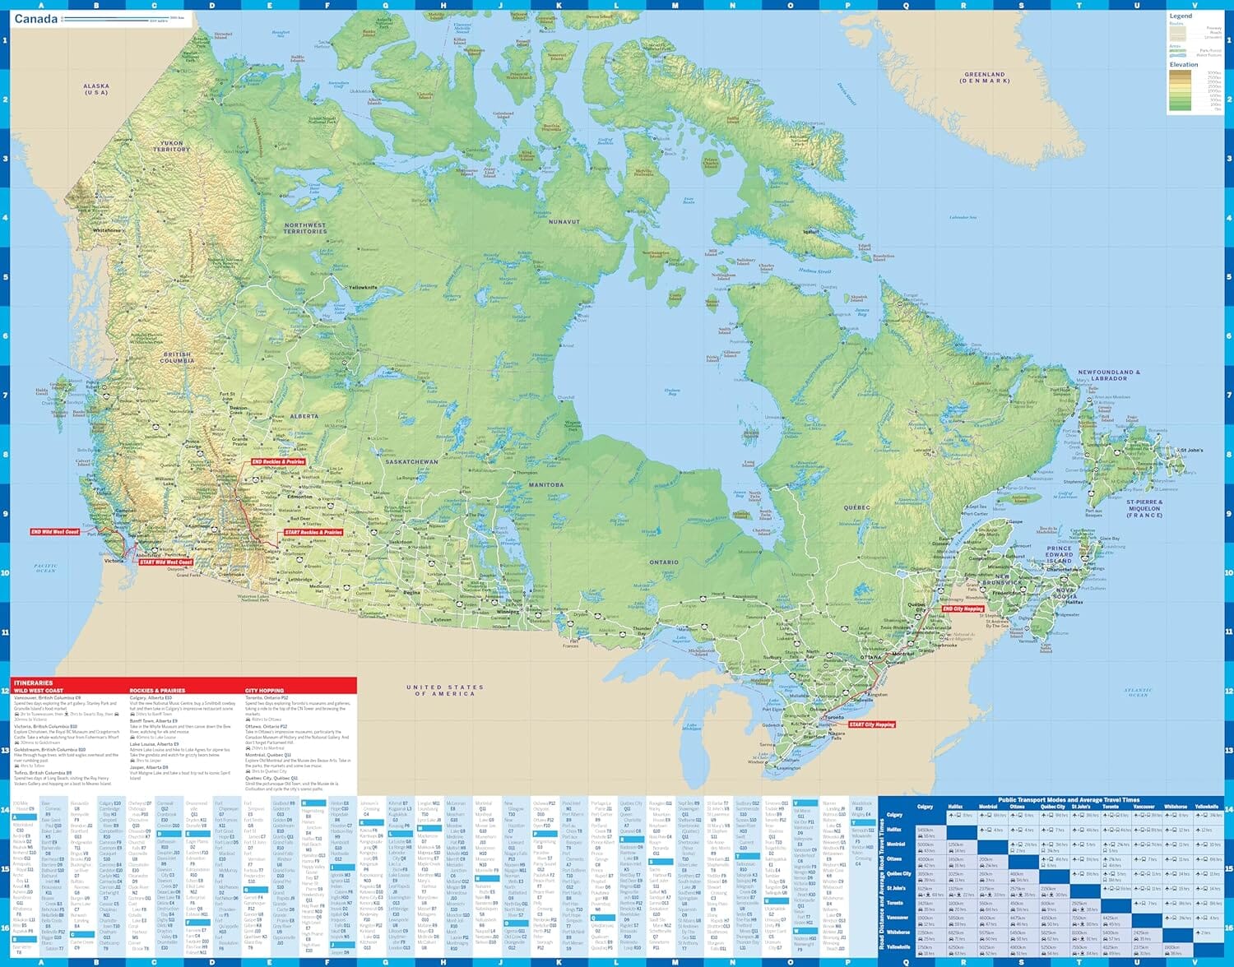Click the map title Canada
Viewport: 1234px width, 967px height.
point(36,19)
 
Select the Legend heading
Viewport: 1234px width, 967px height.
point(1181,16)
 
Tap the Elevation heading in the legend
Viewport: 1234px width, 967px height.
point(1184,64)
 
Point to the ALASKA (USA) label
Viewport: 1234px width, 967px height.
point(96,89)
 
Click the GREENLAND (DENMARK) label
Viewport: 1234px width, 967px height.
point(984,77)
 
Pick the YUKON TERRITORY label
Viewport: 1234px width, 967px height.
point(171,146)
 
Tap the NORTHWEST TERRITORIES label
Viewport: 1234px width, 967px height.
point(305,228)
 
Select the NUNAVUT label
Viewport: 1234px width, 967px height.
point(564,222)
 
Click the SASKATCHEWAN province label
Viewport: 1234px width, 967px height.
point(411,462)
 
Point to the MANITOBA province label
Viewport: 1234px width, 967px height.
point(546,485)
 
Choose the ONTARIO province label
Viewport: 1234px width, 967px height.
point(664,562)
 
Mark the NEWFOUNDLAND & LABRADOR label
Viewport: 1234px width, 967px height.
point(1109,375)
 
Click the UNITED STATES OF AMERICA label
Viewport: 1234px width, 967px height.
point(445,690)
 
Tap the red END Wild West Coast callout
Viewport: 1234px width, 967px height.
point(55,532)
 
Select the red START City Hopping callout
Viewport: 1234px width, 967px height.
point(872,724)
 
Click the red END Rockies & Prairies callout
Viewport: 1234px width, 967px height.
point(278,462)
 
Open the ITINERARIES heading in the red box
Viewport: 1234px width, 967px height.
point(34,682)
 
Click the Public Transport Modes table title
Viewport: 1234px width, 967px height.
point(1069,799)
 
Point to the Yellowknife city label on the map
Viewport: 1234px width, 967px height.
point(364,287)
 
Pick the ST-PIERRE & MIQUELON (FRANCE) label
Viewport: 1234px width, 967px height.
point(1144,508)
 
